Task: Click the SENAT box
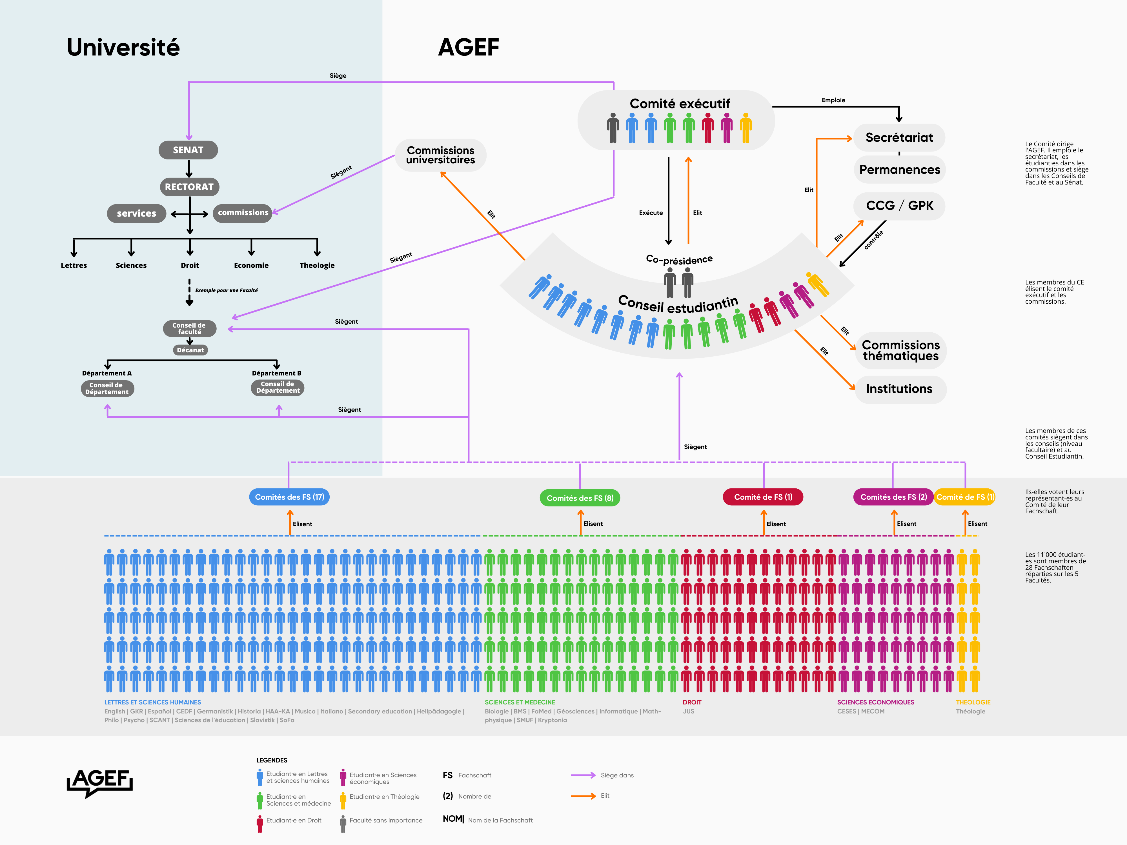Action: (x=188, y=150)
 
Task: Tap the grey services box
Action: (x=137, y=214)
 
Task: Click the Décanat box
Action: (x=190, y=350)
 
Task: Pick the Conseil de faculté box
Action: (x=190, y=328)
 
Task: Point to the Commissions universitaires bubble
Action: (x=441, y=155)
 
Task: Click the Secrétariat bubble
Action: (x=899, y=137)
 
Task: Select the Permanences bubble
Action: (x=900, y=170)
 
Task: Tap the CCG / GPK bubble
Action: (x=900, y=206)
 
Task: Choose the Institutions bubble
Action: (x=900, y=389)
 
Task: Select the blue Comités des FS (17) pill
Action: (x=289, y=497)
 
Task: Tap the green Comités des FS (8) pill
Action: (x=580, y=498)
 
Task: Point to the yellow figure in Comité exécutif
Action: (x=746, y=128)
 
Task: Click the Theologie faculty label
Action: (x=317, y=265)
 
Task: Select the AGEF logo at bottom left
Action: (x=100, y=782)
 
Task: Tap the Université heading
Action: (x=123, y=47)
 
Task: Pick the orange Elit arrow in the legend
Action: (x=584, y=796)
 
